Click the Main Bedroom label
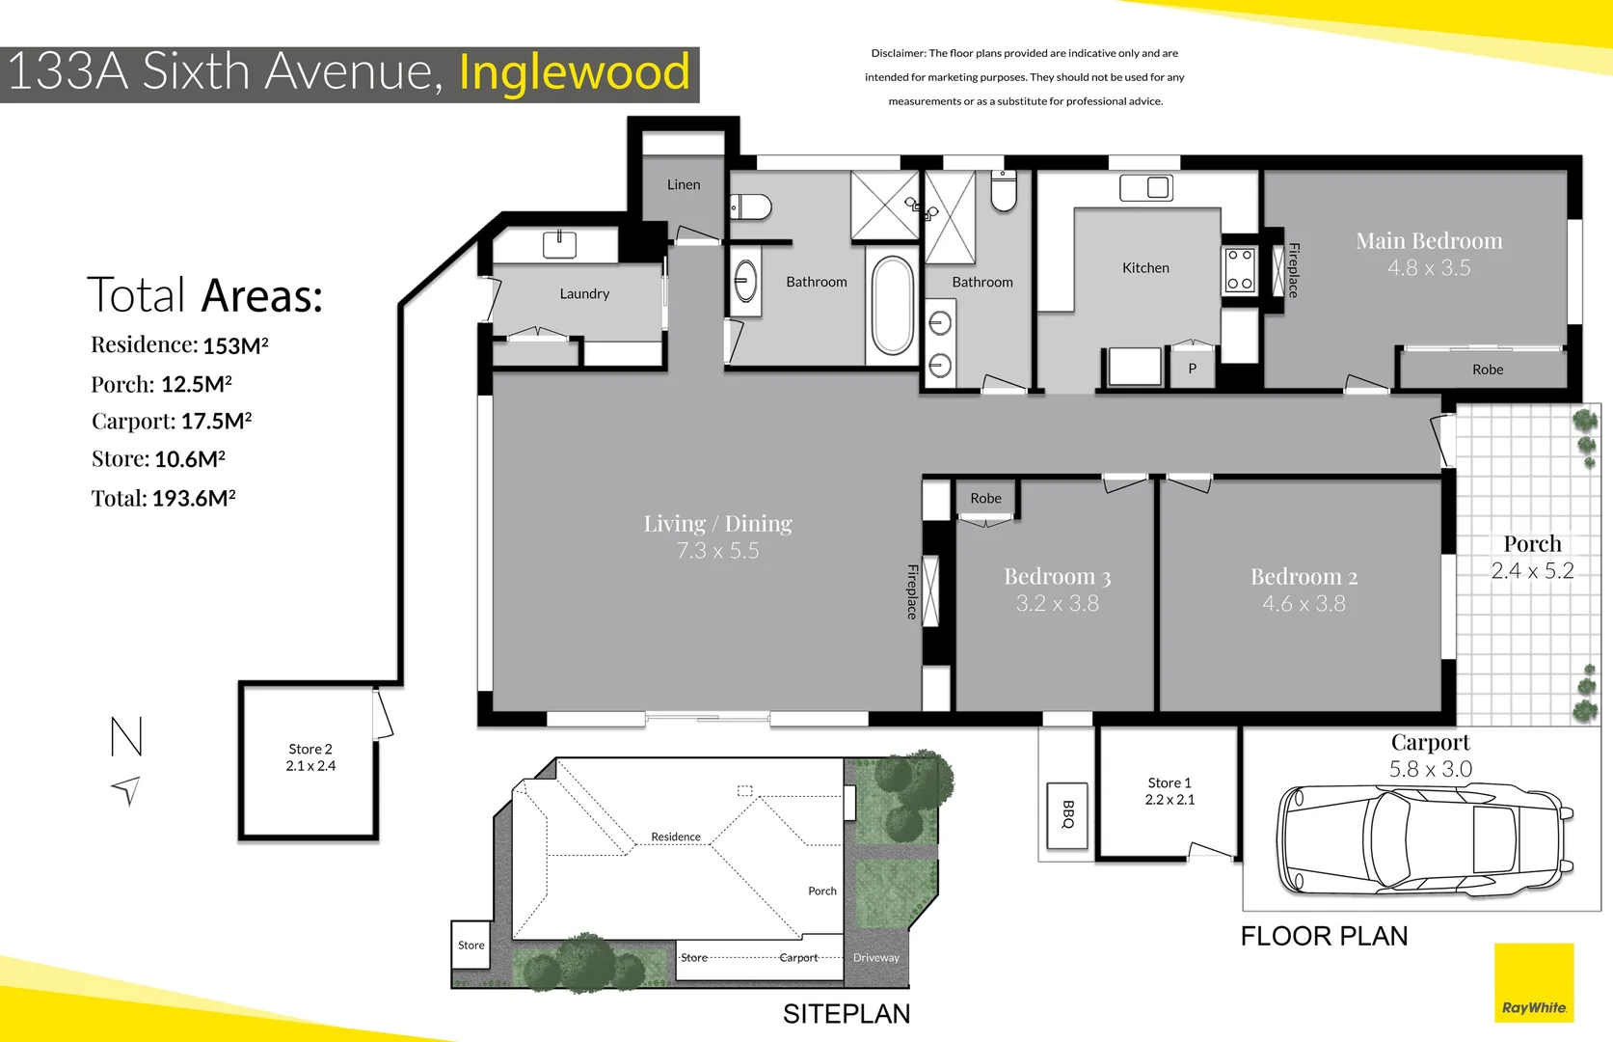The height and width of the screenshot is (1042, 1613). tap(1428, 241)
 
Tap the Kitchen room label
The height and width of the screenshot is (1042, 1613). tap(1145, 268)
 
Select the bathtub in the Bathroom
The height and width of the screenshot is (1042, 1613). tap(893, 305)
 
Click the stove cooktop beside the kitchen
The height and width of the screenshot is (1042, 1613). tap(1240, 270)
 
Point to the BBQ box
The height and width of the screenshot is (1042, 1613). tap(1067, 815)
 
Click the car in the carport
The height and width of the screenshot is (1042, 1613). tap(1423, 839)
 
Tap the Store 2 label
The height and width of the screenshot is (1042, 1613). tap(310, 749)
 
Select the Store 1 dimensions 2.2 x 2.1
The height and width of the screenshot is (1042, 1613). tap(1169, 800)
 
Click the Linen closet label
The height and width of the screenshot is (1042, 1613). tap(684, 184)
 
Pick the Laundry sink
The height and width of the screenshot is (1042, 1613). tap(559, 244)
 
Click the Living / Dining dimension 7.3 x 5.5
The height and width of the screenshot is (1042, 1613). tap(717, 551)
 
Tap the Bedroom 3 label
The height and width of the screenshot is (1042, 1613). tap(1057, 577)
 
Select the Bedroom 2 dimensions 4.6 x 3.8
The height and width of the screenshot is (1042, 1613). tap(1304, 604)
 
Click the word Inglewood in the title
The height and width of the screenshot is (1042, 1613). tap(575, 72)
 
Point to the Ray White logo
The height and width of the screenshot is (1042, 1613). tap(1534, 983)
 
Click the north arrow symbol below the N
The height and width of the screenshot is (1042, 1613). tap(126, 790)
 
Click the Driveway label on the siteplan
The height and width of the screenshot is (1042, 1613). tap(875, 958)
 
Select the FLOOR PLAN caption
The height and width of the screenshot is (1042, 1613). tap(1324, 936)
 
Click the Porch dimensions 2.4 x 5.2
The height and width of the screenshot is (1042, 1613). tap(1532, 571)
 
